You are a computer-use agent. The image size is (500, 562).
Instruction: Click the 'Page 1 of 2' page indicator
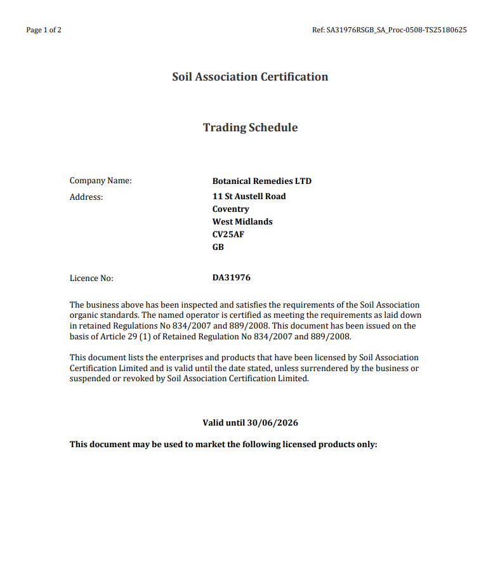tap(44, 30)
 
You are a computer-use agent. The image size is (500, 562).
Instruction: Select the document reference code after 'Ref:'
tap(397, 30)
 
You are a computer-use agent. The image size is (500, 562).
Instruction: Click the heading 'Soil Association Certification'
tap(250, 77)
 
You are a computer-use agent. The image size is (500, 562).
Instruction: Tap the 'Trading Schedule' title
tap(250, 127)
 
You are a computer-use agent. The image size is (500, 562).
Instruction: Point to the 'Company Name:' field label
tap(100, 181)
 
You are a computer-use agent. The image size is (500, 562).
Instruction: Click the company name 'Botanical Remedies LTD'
tap(261, 181)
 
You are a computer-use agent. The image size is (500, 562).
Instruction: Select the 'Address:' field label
tap(86, 197)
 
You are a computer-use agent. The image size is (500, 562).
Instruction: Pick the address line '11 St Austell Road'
tap(249, 197)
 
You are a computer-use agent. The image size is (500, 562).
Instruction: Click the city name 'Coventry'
tap(230, 209)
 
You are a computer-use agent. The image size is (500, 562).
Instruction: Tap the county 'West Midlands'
tap(242, 222)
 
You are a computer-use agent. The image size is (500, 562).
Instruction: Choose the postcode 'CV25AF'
tap(228, 235)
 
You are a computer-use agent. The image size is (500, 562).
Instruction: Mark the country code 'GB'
tap(218, 247)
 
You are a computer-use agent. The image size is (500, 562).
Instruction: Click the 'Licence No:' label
tap(91, 278)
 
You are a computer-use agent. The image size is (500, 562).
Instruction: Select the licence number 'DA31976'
tap(232, 278)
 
